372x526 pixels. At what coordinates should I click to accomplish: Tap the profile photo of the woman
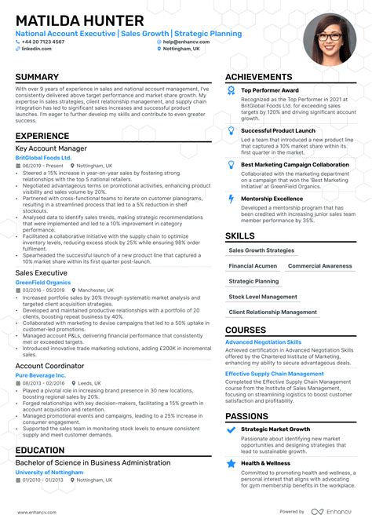point(323,38)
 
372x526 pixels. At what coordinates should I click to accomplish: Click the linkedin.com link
point(37,49)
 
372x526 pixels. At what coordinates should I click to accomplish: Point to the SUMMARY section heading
point(37,78)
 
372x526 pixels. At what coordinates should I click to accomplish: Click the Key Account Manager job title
point(51,148)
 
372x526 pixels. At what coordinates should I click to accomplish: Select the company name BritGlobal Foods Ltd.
point(43,157)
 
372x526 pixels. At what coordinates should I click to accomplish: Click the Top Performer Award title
point(269,90)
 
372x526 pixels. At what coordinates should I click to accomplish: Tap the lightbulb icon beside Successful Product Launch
point(231,131)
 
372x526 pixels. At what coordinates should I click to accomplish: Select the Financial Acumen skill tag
point(252,266)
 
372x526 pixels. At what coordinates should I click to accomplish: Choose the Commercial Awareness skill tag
point(319,266)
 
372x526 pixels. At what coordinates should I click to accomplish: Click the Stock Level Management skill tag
point(263,297)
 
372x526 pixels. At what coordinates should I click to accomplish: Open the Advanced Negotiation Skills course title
point(263,342)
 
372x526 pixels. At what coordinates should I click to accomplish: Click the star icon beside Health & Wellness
point(231,464)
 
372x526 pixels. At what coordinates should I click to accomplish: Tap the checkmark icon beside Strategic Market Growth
point(231,430)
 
